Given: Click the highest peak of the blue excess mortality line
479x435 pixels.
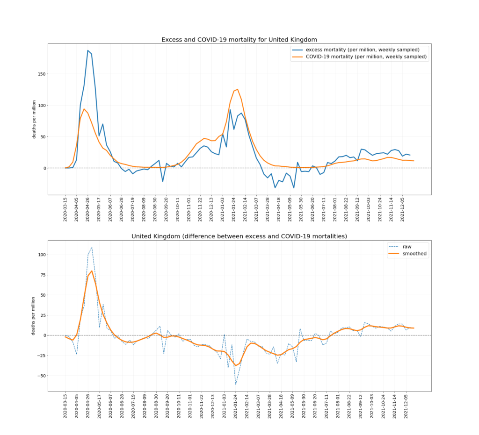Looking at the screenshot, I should (88, 50).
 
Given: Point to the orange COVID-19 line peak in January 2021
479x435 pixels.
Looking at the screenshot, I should (238, 89).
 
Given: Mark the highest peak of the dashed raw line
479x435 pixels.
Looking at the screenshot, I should (92, 247).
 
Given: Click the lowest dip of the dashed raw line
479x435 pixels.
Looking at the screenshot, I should (236, 385).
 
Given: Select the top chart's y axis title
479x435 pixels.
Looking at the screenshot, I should (34, 119).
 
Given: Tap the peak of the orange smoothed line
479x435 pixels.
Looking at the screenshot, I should (92, 271).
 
